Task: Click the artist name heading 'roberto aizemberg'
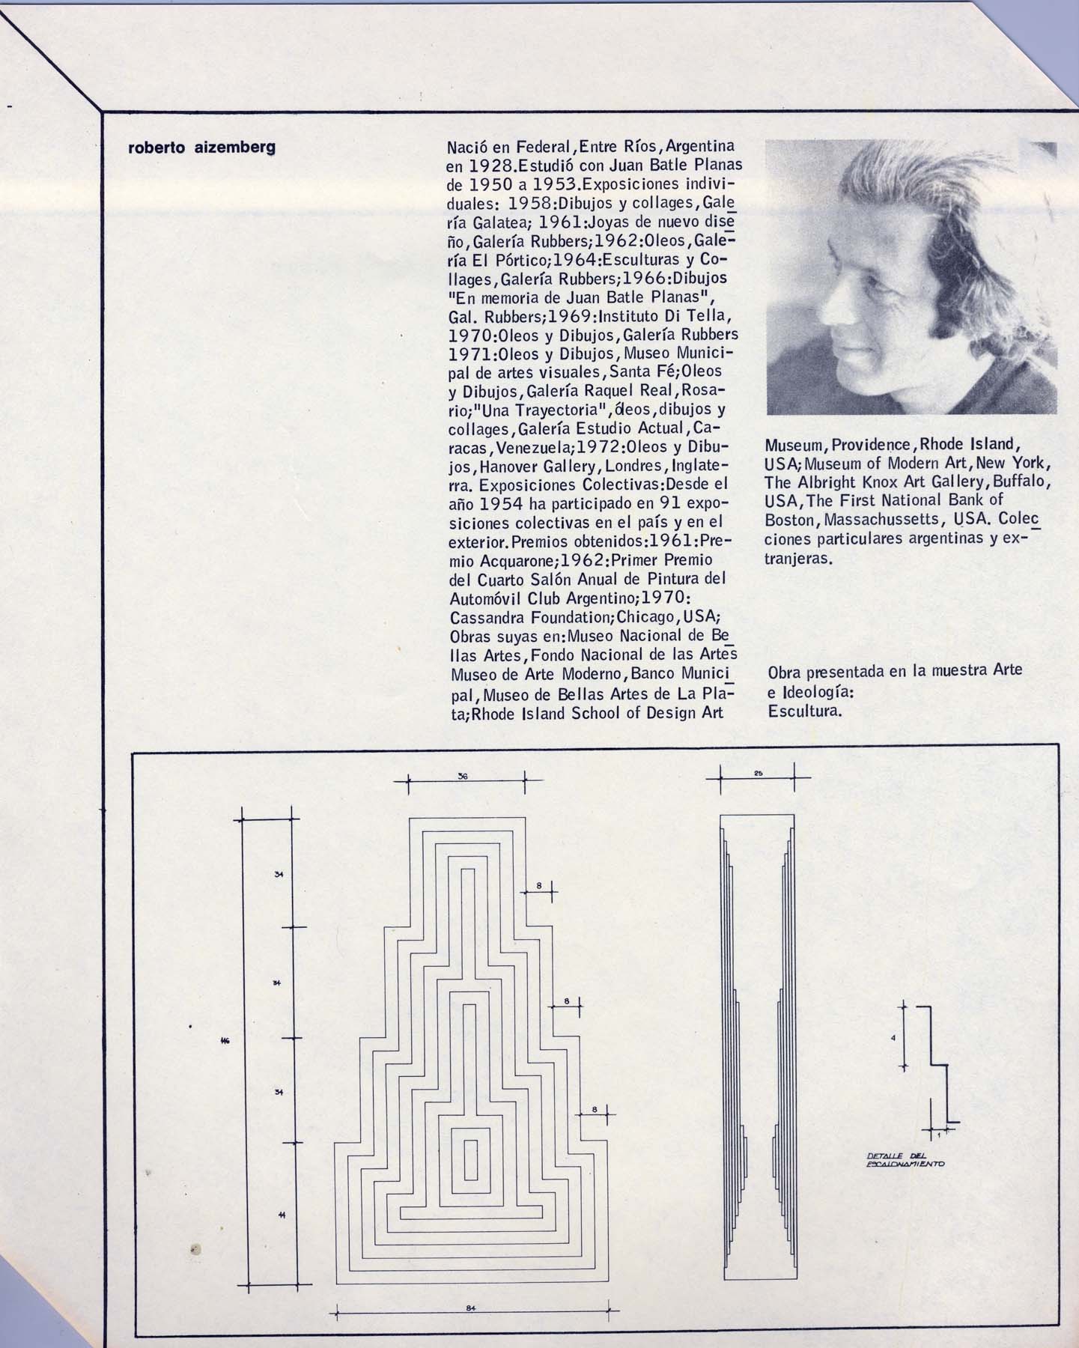(x=202, y=148)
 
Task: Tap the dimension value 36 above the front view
(x=463, y=777)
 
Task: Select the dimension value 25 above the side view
(x=758, y=773)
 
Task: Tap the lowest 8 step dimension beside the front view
(x=594, y=1109)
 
